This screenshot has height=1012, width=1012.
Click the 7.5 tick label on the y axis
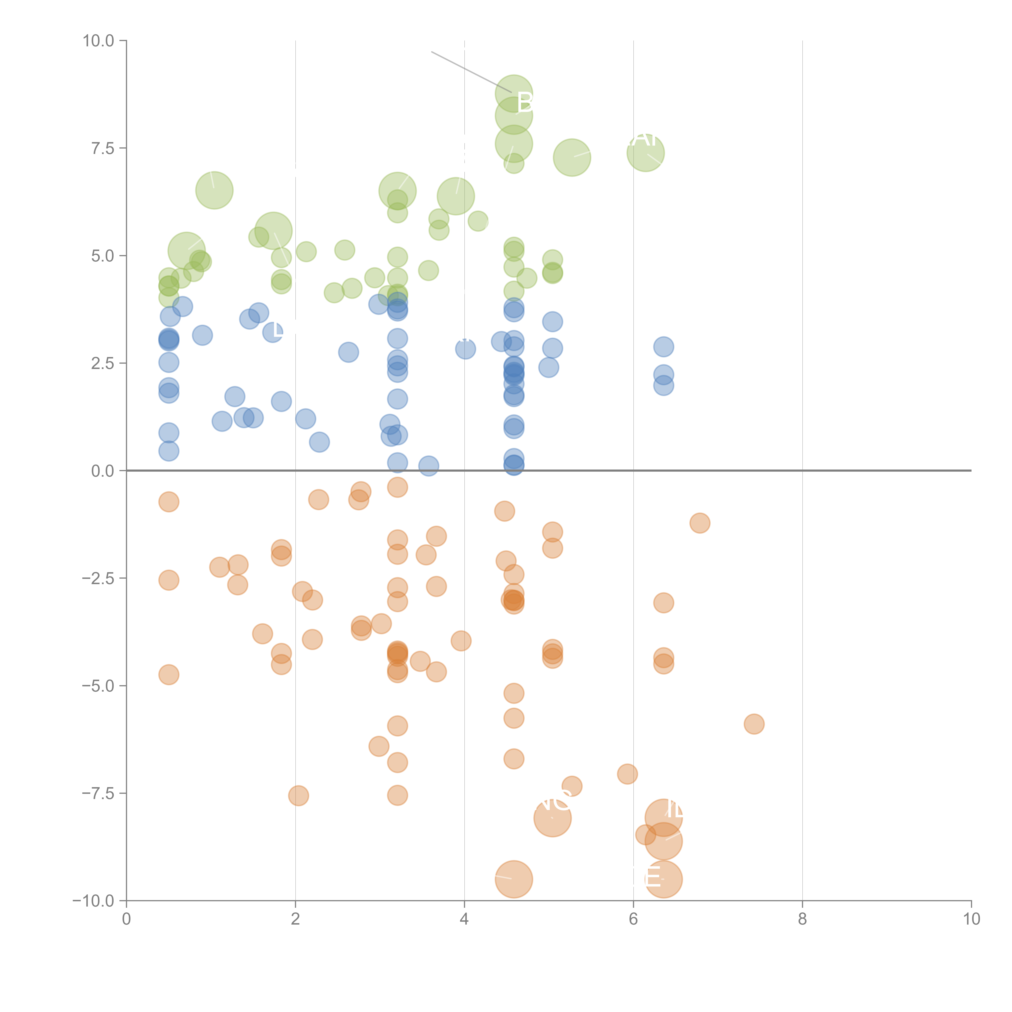coord(103,148)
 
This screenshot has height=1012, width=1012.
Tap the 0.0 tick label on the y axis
coord(103,471)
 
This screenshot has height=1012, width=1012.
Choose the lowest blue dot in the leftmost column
coord(169,451)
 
